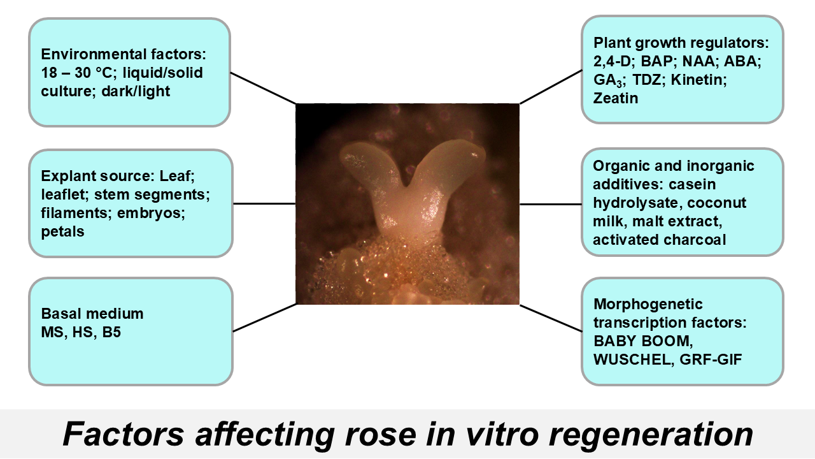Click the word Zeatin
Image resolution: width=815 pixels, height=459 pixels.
click(616, 98)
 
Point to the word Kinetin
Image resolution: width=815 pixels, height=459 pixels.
click(699, 80)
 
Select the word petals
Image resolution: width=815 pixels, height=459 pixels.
click(62, 231)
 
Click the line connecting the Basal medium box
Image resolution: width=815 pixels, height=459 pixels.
click(265, 317)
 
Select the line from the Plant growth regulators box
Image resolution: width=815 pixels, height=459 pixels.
click(551, 86)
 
